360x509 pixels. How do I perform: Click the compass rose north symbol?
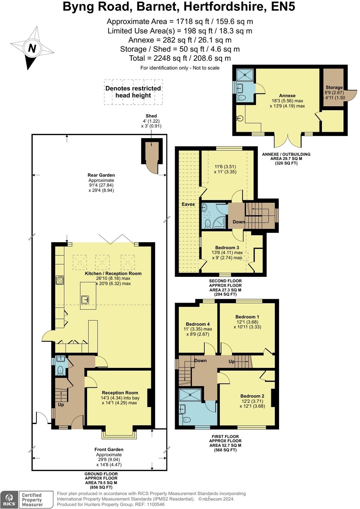[x=32, y=48]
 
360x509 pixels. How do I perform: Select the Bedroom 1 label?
[x=247, y=316]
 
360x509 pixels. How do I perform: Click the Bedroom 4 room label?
[x=198, y=324]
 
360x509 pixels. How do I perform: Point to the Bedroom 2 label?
[x=252, y=396]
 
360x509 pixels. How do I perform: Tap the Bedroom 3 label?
[x=227, y=248]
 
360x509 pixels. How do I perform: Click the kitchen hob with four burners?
[x=60, y=280]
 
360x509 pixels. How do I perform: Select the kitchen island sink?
[x=86, y=299]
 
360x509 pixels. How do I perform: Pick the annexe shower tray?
[x=245, y=75]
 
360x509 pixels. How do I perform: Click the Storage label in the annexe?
[x=334, y=87]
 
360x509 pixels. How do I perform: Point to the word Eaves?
[x=188, y=204]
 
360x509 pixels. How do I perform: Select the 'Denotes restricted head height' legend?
[x=133, y=92]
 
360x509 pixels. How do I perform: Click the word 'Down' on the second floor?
[x=239, y=222]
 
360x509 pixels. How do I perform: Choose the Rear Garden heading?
[x=101, y=175]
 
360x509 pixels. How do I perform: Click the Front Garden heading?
[x=109, y=449]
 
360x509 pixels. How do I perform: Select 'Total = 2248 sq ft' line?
[x=180, y=58]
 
